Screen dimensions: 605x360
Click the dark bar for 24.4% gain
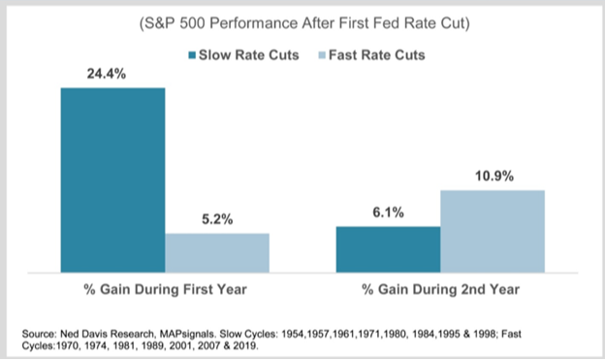click(x=113, y=180)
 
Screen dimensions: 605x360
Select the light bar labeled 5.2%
click(x=217, y=252)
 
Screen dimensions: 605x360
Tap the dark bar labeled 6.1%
click(x=388, y=249)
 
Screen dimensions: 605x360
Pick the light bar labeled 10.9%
click(x=493, y=231)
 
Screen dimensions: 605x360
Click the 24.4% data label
click(x=107, y=74)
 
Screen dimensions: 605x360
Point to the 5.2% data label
click(x=217, y=219)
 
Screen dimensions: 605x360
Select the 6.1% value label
click(x=388, y=213)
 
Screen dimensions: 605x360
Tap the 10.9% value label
click(x=494, y=177)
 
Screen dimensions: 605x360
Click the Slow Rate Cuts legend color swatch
click(x=192, y=55)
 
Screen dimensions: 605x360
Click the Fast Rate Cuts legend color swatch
click(x=322, y=55)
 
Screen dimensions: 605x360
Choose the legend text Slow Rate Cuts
click(x=249, y=55)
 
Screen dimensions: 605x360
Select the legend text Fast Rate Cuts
click(x=377, y=55)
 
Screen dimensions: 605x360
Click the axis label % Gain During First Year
click(x=165, y=289)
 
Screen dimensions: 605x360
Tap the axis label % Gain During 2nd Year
click(x=440, y=289)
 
